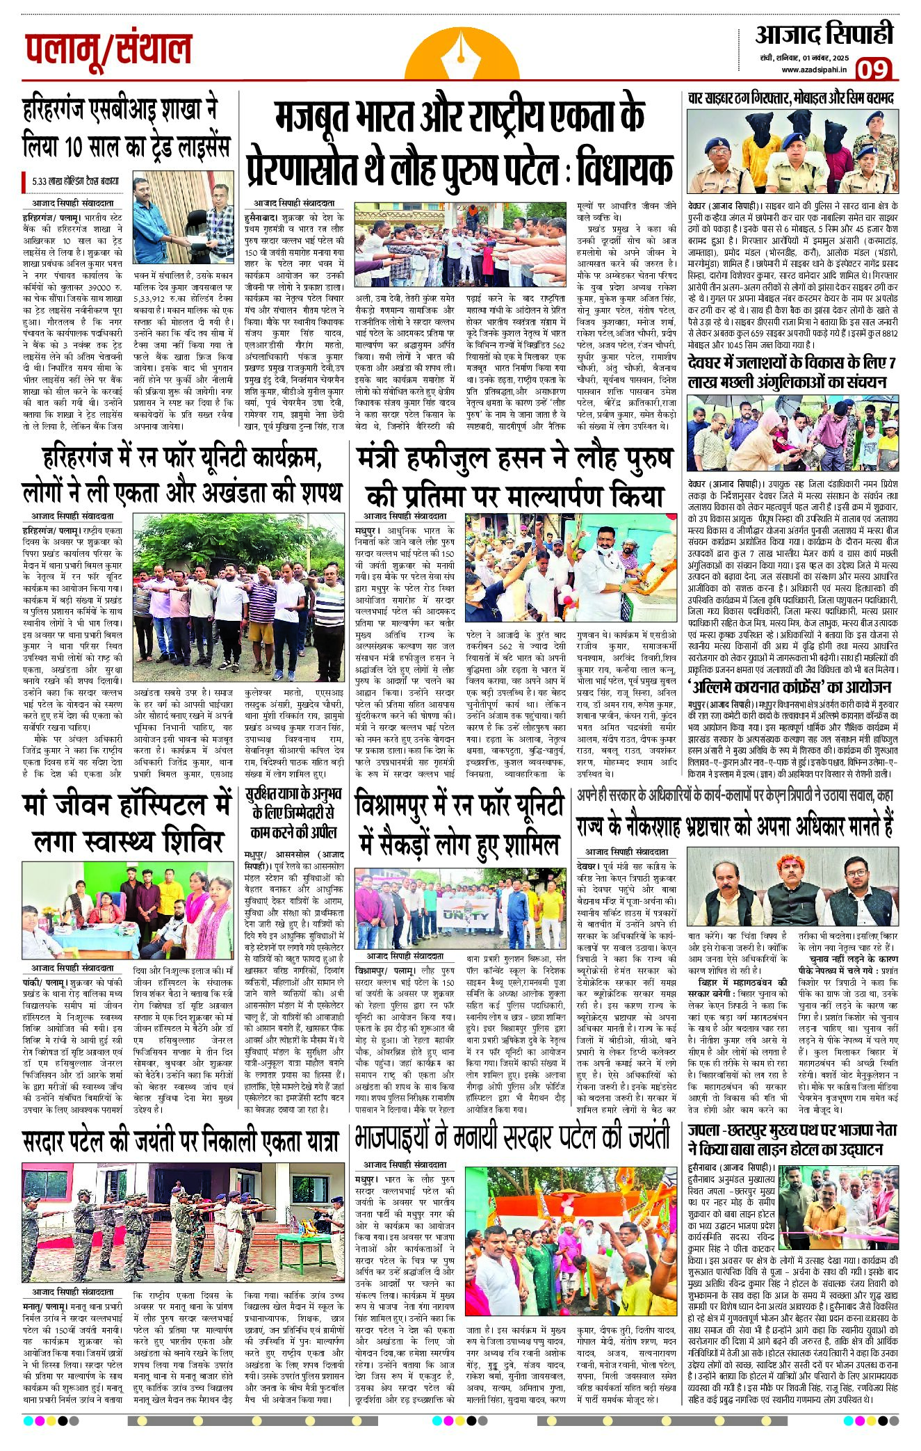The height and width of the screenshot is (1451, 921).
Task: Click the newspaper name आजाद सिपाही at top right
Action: point(824,34)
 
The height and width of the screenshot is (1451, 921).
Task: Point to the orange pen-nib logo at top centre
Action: point(462,52)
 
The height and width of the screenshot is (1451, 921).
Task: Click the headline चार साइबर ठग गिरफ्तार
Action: point(790,98)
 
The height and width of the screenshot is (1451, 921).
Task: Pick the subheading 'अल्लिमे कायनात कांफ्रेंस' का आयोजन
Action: point(789,688)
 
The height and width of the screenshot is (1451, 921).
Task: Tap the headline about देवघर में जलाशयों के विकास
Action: point(791,373)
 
